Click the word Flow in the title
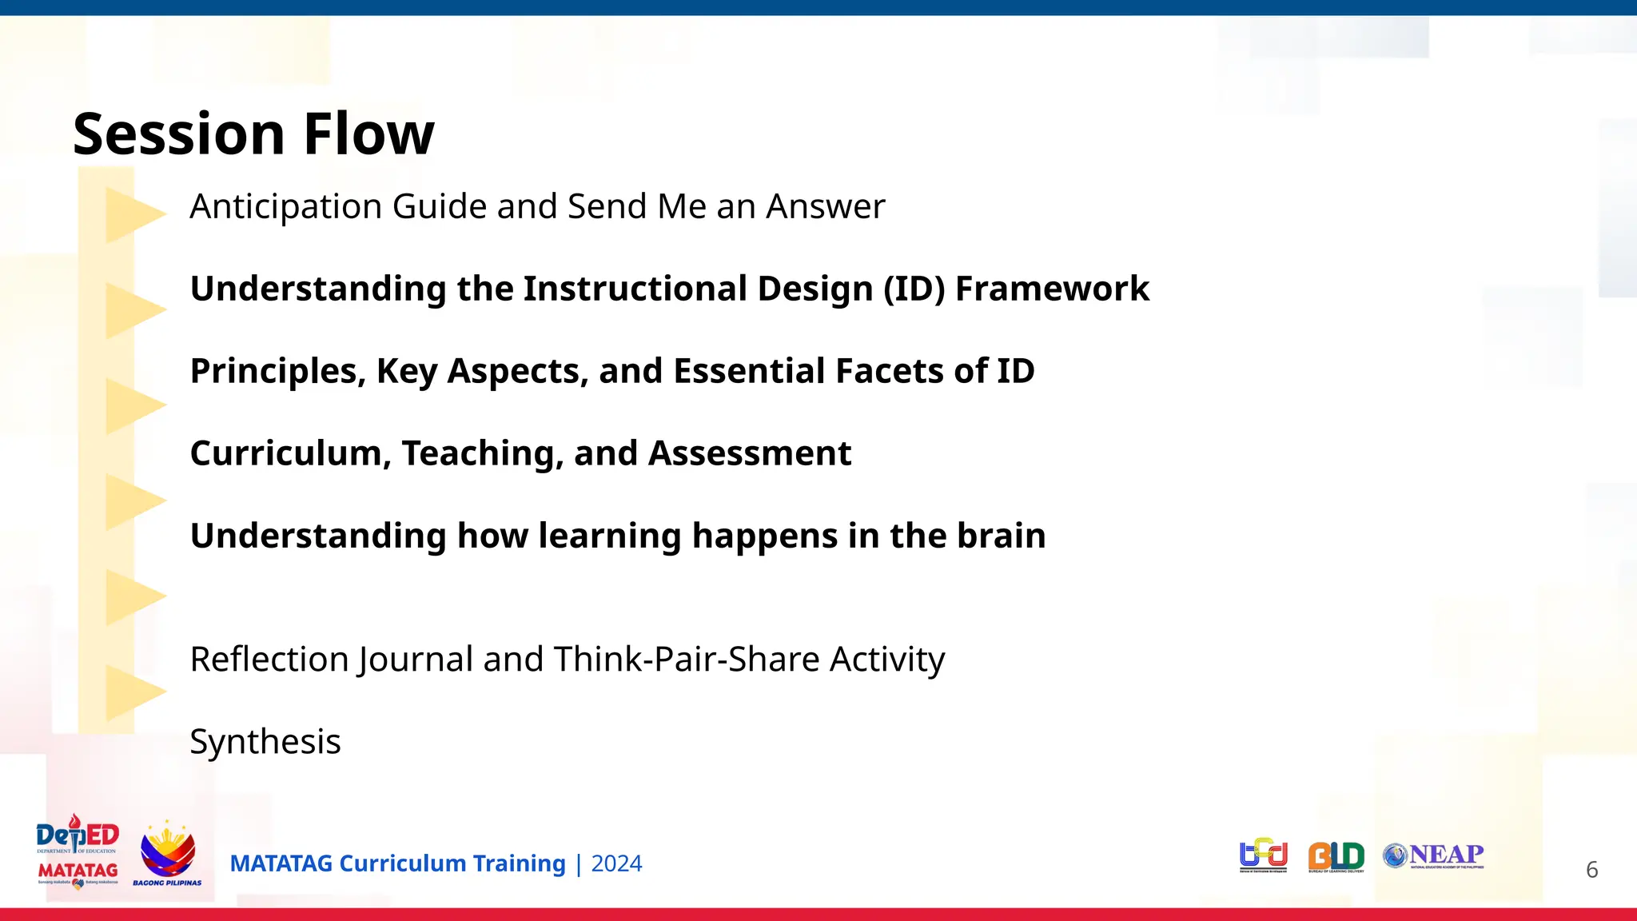[x=368, y=134]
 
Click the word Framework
[x=1052, y=289]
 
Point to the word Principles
[x=277, y=372]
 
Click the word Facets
[x=885, y=371]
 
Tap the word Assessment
[x=749, y=453]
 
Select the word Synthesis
[x=265, y=743]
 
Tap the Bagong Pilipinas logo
[x=167, y=853]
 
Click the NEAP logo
[x=1433, y=855]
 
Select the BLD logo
[x=1336, y=856]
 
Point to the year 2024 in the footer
[x=616, y=864]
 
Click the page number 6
[x=1591, y=870]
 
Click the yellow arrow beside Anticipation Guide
[x=133, y=214]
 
